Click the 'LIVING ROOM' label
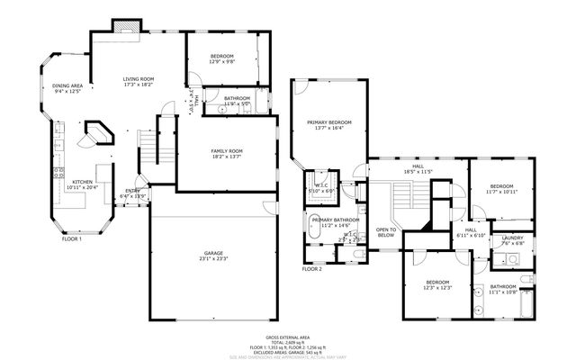[139, 79]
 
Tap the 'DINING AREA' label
[68, 85]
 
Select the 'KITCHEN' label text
[85, 181]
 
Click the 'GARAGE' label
[213, 254]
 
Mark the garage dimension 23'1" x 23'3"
[213, 260]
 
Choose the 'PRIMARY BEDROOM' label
[328, 121]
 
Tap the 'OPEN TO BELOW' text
[386, 232]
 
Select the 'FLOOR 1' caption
[72, 238]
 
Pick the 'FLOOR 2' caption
[311, 269]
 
